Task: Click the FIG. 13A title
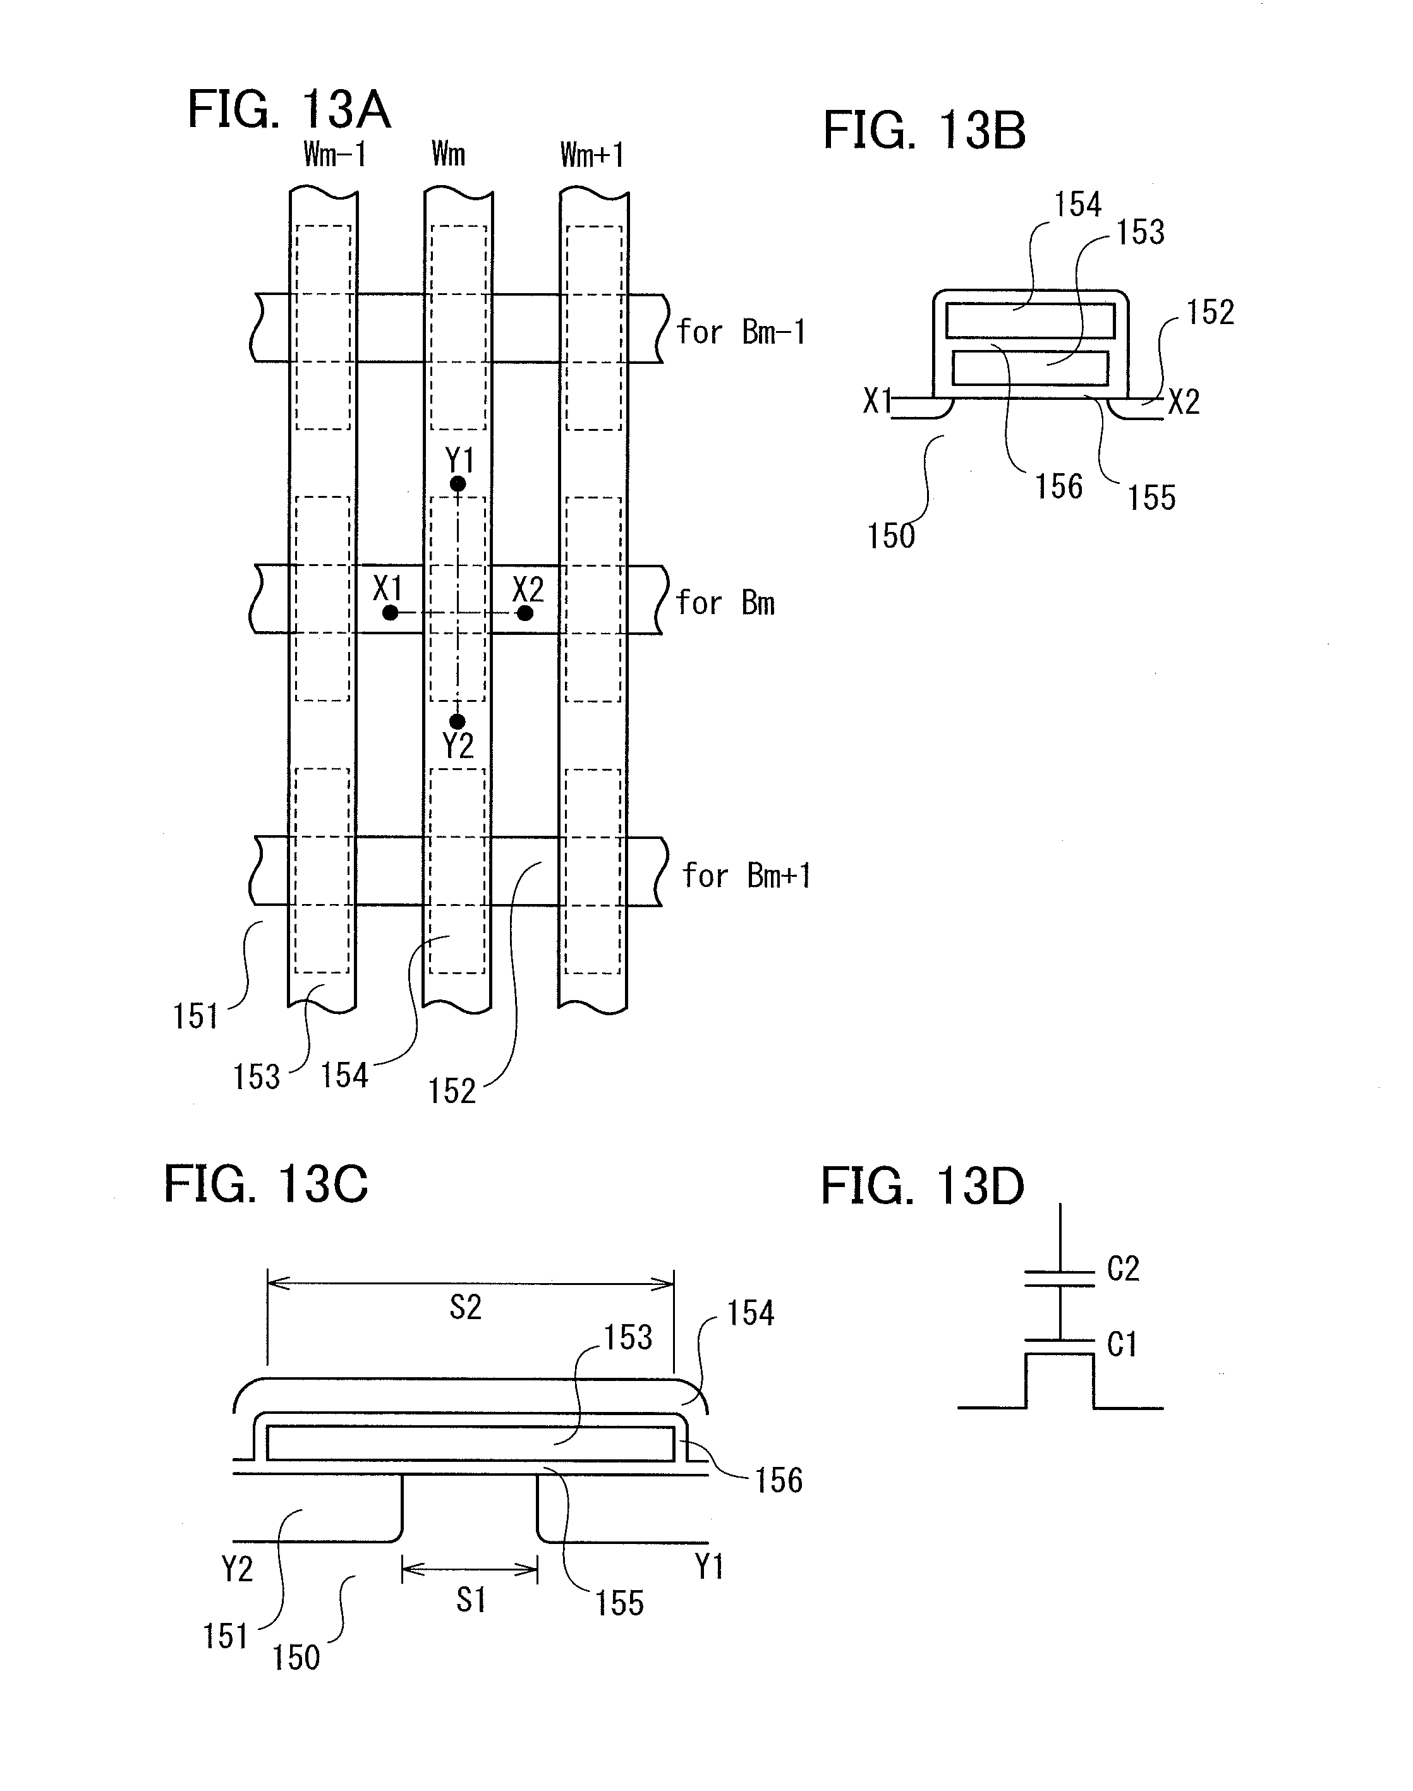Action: [x=289, y=109]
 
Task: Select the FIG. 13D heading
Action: [x=923, y=1186]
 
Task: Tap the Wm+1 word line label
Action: [x=591, y=155]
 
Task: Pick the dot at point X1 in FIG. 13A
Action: [x=391, y=613]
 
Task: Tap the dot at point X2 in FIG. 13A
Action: [x=525, y=613]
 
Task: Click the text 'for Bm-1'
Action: [x=741, y=332]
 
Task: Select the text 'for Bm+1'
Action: [x=746, y=876]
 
